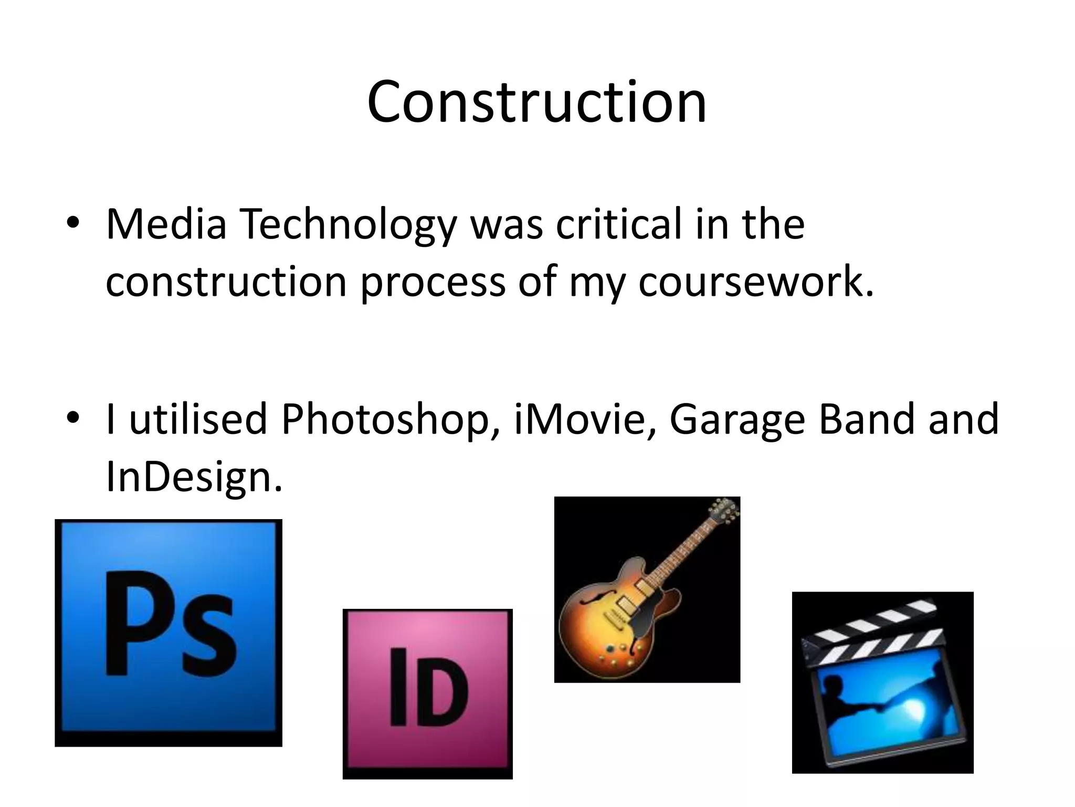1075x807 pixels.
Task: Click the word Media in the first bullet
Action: [x=166, y=224]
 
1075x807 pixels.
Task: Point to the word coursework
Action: [x=756, y=282]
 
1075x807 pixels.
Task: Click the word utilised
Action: [x=198, y=419]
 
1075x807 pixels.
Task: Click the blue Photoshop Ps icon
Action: [x=168, y=633]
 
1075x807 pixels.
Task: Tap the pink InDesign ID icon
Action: [x=427, y=694]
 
